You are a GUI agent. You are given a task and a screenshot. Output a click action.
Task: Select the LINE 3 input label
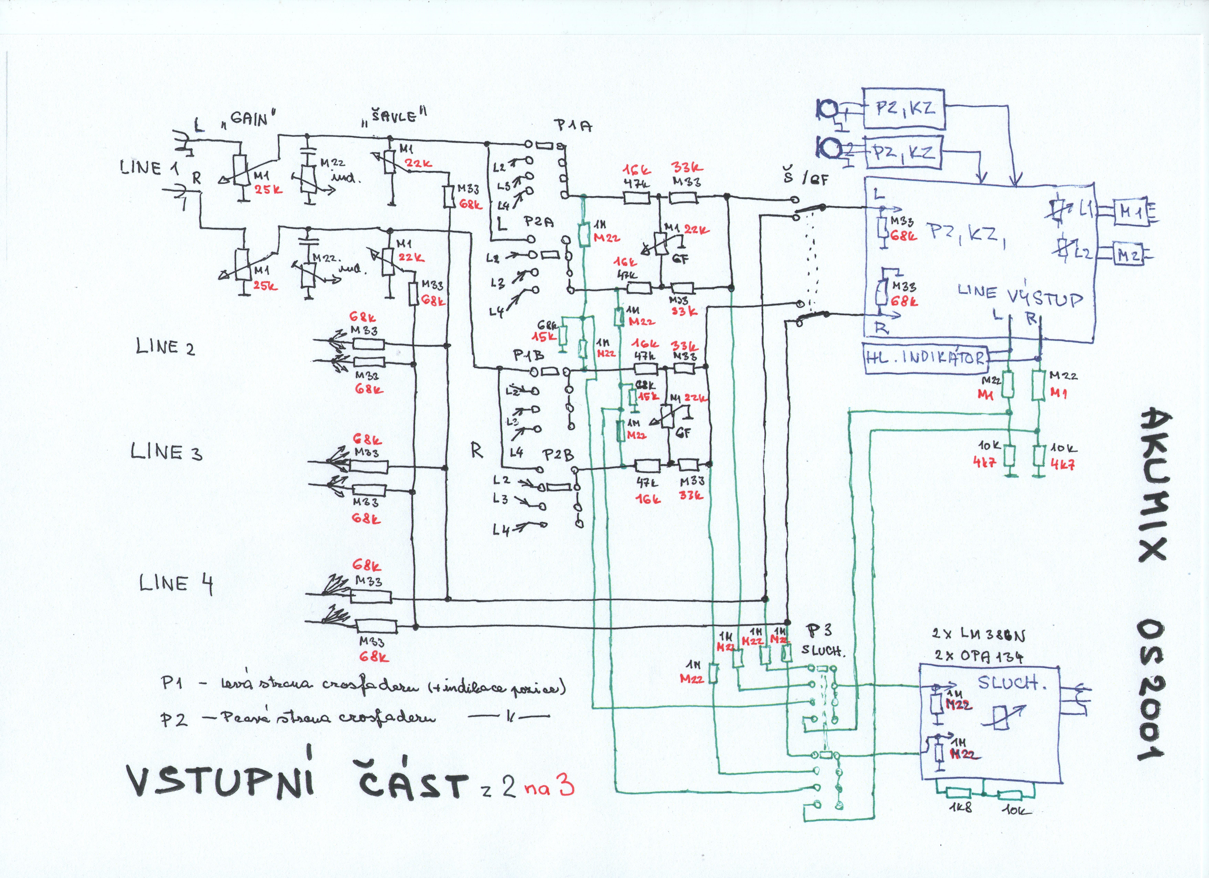point(166,452)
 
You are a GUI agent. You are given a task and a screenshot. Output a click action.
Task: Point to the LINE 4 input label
point(176,584)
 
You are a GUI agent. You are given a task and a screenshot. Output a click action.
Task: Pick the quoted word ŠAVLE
point(394,115)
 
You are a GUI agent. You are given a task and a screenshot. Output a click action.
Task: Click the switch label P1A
point(573,126)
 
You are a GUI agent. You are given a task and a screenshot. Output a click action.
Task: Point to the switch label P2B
point(558,456)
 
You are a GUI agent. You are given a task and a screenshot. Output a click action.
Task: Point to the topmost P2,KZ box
point(903,109)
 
